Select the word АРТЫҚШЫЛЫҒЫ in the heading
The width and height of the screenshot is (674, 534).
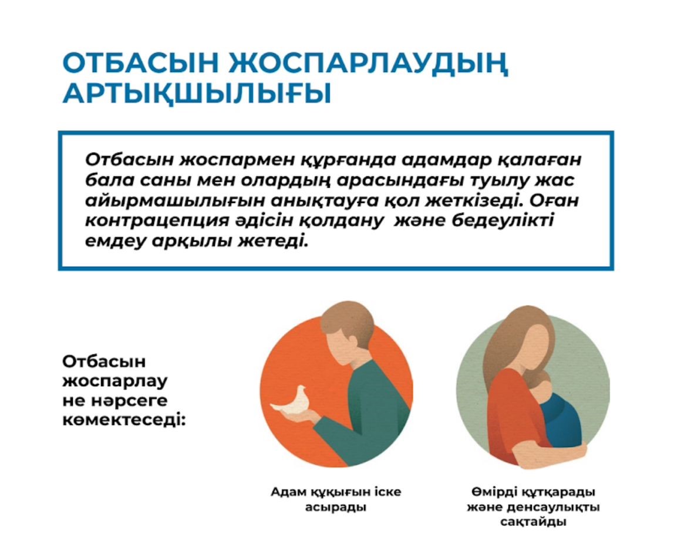click(197, 94)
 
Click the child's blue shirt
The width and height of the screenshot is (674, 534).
click(561, 419)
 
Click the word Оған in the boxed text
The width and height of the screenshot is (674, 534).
click(554, 200)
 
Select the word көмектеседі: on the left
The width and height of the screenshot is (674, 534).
click(124, 420)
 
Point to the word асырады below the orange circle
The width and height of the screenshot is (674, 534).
click(336, 508)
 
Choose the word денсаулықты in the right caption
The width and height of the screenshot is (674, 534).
click(554, 508)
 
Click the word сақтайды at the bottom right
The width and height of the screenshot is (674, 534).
click(533, 522)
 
